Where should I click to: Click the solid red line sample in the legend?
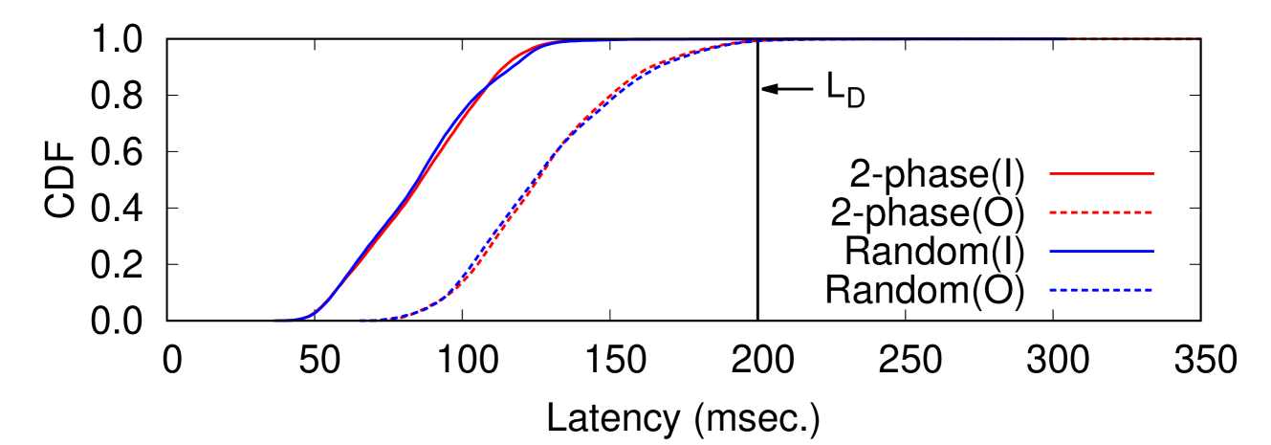(1102, 173)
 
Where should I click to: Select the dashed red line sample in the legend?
(1102, 212)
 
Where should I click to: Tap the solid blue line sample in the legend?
(1102, 251)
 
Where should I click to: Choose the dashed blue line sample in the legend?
(1102, 290)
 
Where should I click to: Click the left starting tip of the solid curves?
(274, 320)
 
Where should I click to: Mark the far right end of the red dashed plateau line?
(1199, 40)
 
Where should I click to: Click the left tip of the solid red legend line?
(1050, 173)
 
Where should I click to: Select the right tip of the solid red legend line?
(1154, 173)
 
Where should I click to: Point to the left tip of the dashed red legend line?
(1050, 212)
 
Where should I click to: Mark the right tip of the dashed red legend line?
(1154, 212)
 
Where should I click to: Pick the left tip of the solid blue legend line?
(1050, 251)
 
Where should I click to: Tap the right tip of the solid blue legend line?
(1154, 251)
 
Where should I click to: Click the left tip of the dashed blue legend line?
(1050, 290)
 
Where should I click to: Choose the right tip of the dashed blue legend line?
(1154, 290)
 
